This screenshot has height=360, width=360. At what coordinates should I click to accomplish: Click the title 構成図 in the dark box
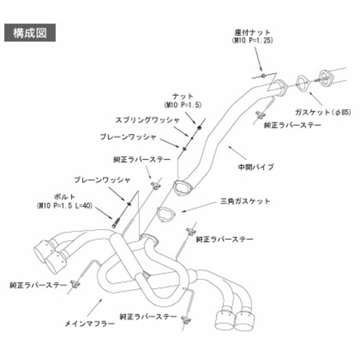31,33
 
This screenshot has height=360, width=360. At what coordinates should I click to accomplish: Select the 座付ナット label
252,32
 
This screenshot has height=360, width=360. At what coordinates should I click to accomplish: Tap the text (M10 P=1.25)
252,40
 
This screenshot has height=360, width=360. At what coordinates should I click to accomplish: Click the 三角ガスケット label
245,201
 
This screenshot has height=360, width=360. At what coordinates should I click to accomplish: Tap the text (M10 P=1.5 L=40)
65,205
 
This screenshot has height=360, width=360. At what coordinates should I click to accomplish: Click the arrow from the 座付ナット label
258,58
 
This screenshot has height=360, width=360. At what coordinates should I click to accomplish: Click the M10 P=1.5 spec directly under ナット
183,104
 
